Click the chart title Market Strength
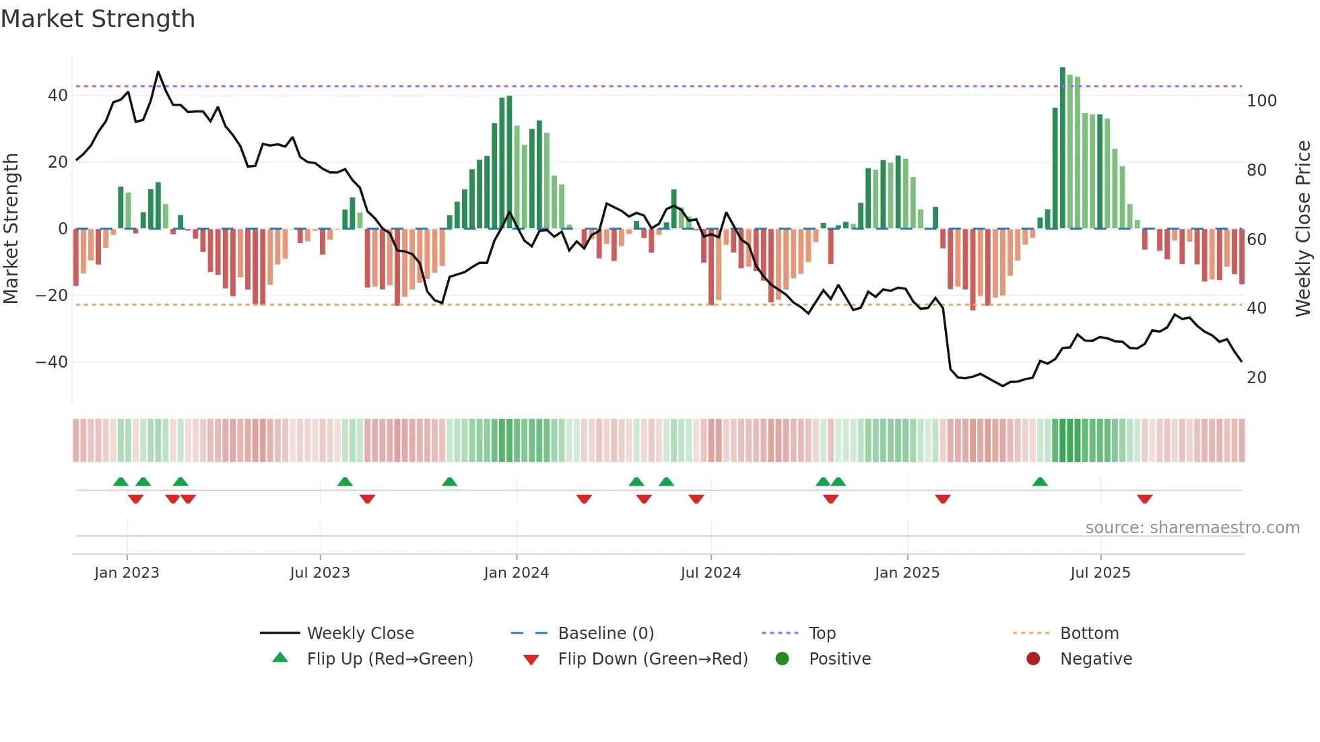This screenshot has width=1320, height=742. (98, 19)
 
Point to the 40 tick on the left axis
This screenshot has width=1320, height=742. (57, 96)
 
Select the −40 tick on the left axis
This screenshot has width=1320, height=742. (51, 362)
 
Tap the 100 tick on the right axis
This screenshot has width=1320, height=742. (1261, 101)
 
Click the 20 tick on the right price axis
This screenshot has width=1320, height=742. (1256, 378)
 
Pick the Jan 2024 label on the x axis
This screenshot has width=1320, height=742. (516, 573)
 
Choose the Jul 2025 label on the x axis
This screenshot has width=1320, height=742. (1100, 573)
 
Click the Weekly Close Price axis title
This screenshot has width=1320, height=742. (1303, 229)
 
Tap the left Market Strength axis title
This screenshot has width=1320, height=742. (11, 229)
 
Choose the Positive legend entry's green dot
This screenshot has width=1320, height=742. (782, 659)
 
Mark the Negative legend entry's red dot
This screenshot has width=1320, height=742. (1033, 659)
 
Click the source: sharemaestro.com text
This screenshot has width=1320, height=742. (1192, 528)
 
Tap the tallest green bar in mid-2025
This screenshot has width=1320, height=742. (1063, 148)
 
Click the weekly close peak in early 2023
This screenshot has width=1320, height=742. (158, 72)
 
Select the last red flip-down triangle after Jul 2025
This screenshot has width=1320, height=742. (1144, 499)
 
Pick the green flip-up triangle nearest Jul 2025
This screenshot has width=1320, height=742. (1040, 482)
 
